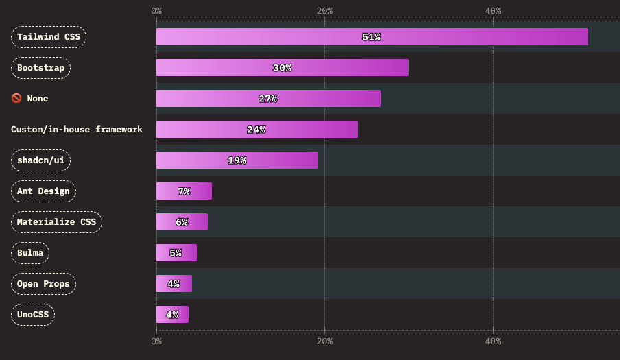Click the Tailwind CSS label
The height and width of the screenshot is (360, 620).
(x=49, y=37)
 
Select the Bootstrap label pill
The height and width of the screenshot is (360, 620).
(x=41, y=68)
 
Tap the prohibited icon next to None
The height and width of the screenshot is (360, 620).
(x=16, y=99)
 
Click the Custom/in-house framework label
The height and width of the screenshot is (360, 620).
(x=77, y=130)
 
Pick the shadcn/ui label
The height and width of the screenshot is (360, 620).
(x=41, y=160)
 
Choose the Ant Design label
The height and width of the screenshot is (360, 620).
(x=43, y=191)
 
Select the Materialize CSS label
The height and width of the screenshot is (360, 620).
(x=56, y=222)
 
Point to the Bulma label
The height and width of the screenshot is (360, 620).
(x=30, y=253)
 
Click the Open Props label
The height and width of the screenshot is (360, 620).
(x=43, y=284)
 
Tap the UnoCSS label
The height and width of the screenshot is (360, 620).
(x=33, y=315)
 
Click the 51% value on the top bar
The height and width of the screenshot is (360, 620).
(x=371, y=37)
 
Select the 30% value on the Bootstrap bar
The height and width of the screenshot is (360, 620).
(x=282, y=68)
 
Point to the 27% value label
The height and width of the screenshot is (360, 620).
(x=267, y=99)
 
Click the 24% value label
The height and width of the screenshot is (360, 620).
(x=256, y=130)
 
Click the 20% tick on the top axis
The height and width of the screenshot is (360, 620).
(x=324, y=10)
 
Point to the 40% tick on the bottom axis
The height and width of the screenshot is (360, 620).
(x=492, y=341)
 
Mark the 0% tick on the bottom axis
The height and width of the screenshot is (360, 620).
(x=156, y=341)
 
